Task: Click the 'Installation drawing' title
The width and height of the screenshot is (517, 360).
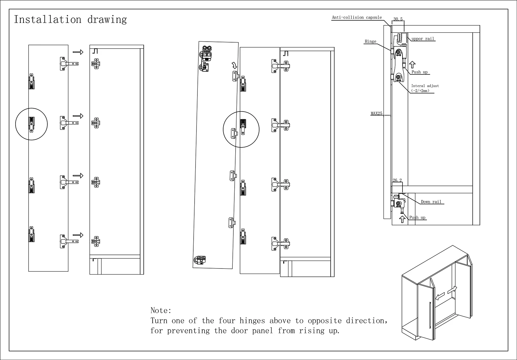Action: click(70, 19)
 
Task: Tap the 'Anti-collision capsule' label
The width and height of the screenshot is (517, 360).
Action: click(357, 17)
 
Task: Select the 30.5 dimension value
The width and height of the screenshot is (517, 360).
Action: click(398, 19)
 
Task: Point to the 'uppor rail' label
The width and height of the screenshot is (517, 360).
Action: click(423, 39)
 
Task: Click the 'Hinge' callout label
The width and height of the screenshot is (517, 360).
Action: click(370, 41)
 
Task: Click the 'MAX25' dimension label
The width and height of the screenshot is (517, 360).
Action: click(376, 113)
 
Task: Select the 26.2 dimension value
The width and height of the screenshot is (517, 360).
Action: click(397, 180)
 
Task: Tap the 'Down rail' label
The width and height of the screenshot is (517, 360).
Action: click(431, 202)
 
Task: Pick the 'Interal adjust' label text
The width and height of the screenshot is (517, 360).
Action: click(425, 86)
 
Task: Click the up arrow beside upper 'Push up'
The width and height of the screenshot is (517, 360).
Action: click(412, 65)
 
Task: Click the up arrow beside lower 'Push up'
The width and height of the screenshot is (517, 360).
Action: click(403, 219)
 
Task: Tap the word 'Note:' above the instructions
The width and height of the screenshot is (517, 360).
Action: click(161, 310)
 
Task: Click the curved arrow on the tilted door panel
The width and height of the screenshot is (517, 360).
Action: click(234, 65)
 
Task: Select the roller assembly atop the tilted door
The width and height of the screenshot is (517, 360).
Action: click(207, 54)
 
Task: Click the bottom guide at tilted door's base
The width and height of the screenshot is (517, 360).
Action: click(200, 260)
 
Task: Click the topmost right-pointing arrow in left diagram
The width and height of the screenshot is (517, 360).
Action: click(78, 52)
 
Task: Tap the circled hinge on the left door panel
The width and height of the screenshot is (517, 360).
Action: click(31, 124)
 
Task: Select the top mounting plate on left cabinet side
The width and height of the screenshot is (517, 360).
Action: click(96, 64)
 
